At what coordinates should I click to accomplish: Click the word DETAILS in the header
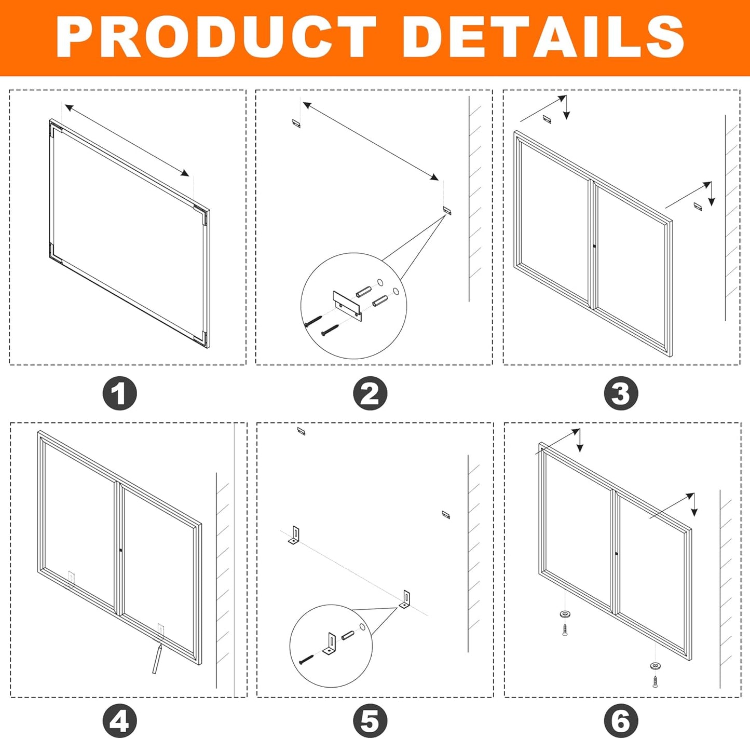tap(543, 37)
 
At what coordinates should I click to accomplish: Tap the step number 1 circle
tap(119, 393)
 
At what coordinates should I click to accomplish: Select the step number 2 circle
tap(370, 393)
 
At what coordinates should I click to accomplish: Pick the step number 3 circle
tap(621, 393)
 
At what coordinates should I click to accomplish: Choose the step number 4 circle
tap(119, 721)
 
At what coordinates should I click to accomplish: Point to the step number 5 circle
tap(370, 721)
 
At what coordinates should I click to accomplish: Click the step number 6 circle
tap(621, 721)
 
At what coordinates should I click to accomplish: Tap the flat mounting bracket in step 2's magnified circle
tap(347, 304)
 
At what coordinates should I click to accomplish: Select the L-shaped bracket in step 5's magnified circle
tap(330, 644)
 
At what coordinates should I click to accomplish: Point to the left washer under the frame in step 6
tap(565, 614)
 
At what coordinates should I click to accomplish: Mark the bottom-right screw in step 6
tap(656, 680)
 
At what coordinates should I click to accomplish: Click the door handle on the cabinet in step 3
tap(594, 246)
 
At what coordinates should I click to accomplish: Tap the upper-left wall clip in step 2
tap(296, 124)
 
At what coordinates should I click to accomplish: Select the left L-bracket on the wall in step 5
tap(294, 535)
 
